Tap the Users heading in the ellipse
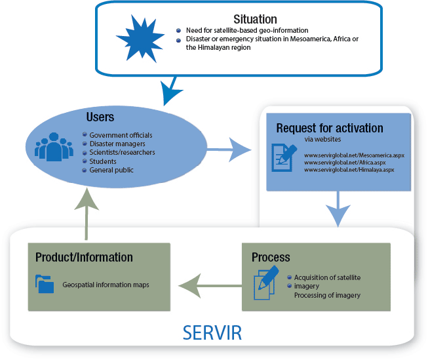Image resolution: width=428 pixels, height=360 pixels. (x=100, y=117)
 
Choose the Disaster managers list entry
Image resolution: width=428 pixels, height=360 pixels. (x=117, y=144)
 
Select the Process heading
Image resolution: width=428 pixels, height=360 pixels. (x=271, y=256)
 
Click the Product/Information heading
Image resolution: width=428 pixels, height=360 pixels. (x=84, y=256)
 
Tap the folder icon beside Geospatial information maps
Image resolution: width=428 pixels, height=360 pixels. (x=45, y=283)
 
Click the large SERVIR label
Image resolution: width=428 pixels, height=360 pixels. (x=212, y=331)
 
